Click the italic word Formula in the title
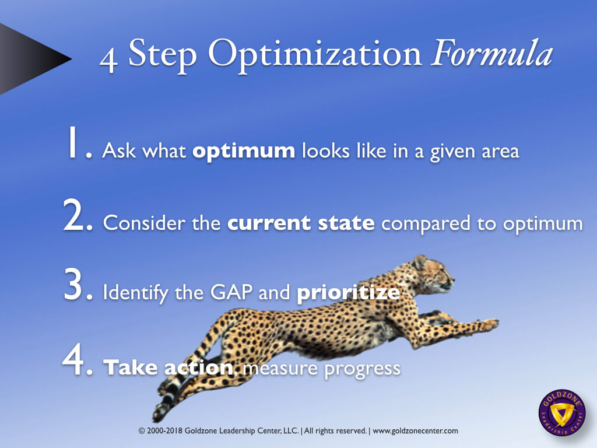pos(491,55)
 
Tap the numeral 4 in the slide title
pos(108,59)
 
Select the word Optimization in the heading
pos(315,55)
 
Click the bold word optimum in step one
pos(244,152)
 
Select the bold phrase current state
pos(301,223)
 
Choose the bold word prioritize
pos(348,292)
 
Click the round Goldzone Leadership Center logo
pos(561,413)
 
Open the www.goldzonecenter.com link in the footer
pos(415,431)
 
